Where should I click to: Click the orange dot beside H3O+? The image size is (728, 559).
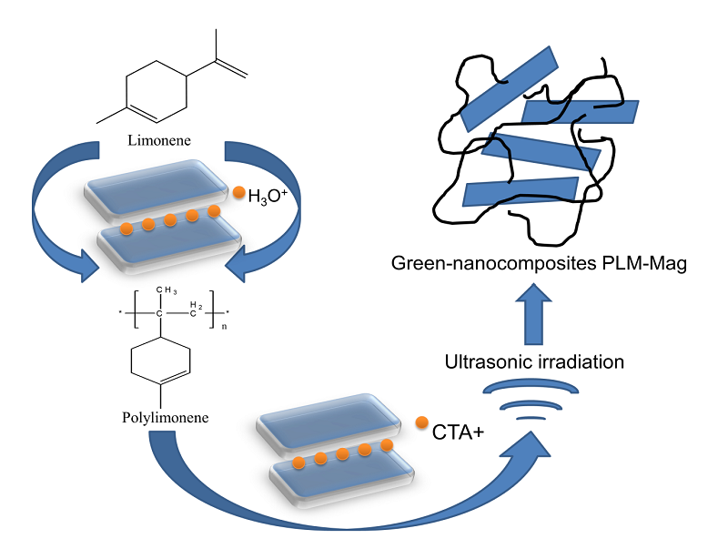click(x=238, y=192)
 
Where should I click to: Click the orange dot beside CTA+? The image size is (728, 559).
click(x=421, y=422)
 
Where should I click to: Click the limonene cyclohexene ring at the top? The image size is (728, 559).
click(x=156, y=89)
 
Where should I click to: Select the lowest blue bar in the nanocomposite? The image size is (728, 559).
click(x=520, y=192)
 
